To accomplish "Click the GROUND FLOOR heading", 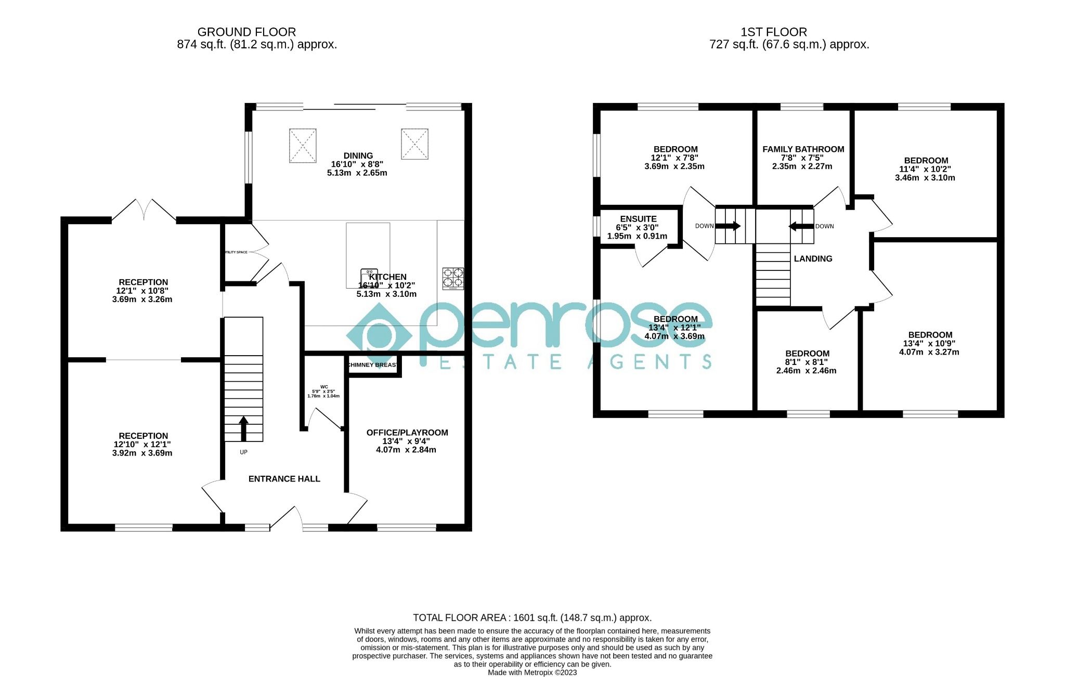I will [x=246, y=32].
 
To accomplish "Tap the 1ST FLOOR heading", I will [x=774, y=32].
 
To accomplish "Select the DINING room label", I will [x=358, y=155].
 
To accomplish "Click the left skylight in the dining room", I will [x=303, y=146].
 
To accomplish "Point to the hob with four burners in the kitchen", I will [x=453, y=278].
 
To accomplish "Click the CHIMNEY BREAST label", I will [x=373, y=365].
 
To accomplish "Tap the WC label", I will [x=324, y=387].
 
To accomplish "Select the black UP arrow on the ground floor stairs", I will [x=243, y=428].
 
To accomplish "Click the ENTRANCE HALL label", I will [x=284, y=479].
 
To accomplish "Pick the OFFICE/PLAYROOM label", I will [x=407, y=433].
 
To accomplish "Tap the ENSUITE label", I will [x=638, y=219].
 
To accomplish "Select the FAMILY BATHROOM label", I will [x=803, y=149].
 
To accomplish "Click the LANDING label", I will [x=813, y=258].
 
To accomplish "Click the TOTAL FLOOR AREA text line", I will [x=532, y=618].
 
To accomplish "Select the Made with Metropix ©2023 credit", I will [x=532, y=672].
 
